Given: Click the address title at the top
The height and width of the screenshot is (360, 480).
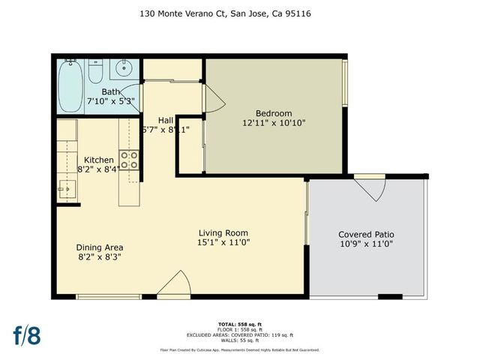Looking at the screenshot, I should [x=239, y=13].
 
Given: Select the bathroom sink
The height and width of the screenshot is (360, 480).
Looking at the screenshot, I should [x=123, y=69].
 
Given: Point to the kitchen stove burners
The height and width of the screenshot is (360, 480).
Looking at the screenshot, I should [x=130, y=159].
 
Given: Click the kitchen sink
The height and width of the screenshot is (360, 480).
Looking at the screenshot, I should [x=67, y=192].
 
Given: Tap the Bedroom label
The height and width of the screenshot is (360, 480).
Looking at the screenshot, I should [x=274, y=110].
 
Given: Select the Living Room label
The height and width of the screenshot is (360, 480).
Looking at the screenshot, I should [x=223, y=232].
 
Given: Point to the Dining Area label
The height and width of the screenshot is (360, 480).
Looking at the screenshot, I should [x=100, y=247].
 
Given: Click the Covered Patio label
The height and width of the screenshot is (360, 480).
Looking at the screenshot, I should [x=366, y=234].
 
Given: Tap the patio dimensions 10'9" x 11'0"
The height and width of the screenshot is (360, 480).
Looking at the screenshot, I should [x=366, y=244].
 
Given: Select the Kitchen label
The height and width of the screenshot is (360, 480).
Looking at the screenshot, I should [x=98, y=160].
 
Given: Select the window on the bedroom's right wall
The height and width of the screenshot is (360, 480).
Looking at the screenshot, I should [x=346, y=82].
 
